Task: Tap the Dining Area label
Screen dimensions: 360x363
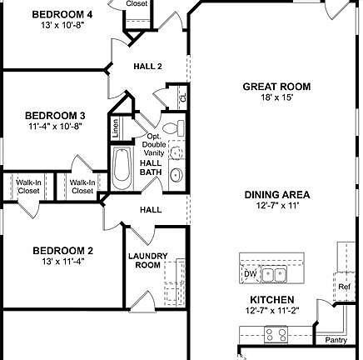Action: point(271,194)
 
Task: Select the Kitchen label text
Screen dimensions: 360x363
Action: point(271,299)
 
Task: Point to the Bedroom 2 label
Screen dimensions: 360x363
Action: point(62,250)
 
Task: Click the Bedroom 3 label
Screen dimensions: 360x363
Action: point(54,116)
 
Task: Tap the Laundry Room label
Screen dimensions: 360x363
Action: point(147,260)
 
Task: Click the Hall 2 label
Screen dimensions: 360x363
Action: point(147,67)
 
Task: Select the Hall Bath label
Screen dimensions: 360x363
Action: point(151,167)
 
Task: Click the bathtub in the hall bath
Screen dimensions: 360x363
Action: point(122,169)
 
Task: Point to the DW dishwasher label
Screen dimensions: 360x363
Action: point(249,273)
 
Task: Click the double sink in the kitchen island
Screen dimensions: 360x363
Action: point(274,273)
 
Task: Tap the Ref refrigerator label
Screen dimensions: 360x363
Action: point(344,287)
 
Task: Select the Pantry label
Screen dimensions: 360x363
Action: point(336,339)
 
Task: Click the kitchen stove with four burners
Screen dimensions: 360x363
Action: point(276,334)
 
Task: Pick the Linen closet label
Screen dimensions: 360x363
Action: point(115,129)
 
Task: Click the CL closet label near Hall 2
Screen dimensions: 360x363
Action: point(183,98)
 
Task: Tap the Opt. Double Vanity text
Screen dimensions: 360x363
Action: point(154,145)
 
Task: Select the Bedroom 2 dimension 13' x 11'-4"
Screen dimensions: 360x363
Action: point(62,261)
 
